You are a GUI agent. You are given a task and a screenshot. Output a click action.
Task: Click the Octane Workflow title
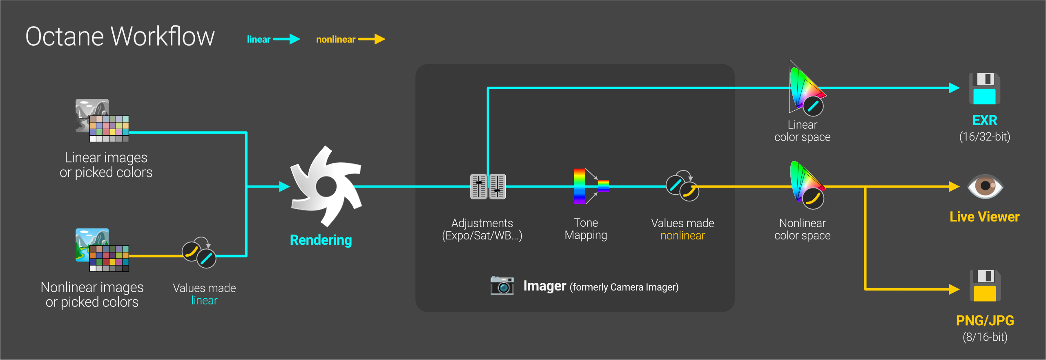point(120,36)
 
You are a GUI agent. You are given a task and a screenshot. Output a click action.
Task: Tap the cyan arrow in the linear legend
point(287,39)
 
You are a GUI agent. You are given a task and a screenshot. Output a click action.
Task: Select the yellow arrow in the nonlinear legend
point(372,39)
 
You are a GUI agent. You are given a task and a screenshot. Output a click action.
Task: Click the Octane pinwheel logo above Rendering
point(326,186)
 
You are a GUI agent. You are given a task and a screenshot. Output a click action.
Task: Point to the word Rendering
point(321,240)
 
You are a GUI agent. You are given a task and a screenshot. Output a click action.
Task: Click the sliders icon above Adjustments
point(488,186)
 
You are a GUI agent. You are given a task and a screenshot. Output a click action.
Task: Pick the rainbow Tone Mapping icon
point(588,186)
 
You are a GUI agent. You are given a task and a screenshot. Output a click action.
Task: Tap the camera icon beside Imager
point(502,285)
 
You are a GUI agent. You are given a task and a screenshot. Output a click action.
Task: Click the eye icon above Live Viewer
point(985,186)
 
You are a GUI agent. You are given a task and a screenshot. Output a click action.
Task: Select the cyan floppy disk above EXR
point(984,88)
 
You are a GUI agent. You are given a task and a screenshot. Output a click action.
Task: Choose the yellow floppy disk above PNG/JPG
point(985,286)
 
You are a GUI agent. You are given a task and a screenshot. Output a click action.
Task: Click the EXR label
point(985,121)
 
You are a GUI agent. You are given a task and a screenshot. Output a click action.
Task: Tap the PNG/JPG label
point(985,321)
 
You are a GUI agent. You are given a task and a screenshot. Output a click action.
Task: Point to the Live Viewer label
point(984,217)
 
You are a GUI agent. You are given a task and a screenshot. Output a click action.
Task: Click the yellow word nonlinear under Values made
point(682,236)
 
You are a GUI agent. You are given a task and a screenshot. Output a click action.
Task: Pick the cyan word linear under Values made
point(204,301)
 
